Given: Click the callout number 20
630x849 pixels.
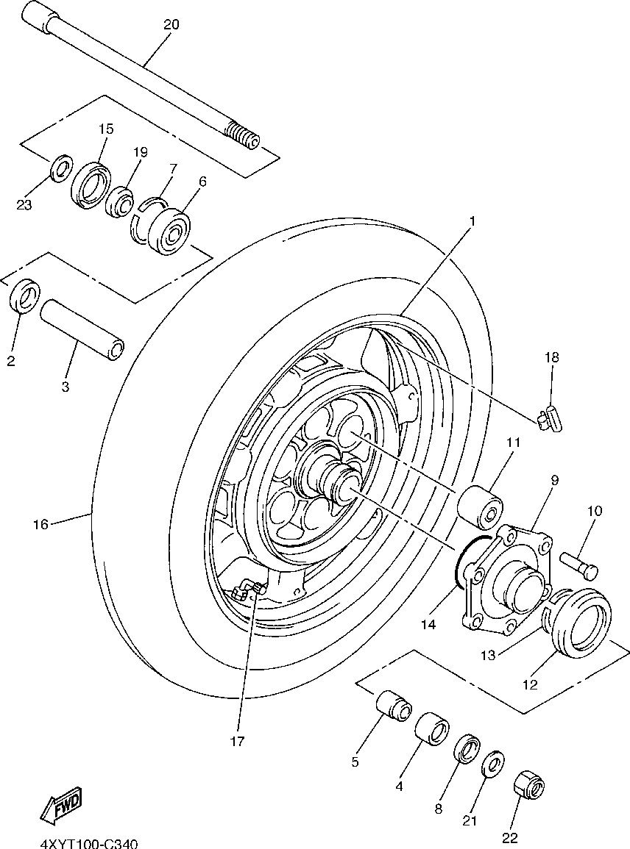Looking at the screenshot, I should click(171, 24).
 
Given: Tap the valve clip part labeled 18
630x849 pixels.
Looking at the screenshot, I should click(549, 419).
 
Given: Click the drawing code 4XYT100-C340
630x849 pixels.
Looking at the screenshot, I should click(88, 845).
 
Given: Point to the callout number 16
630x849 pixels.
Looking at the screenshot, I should click(40, 524).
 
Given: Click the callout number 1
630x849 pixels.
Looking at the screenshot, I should click(472, 221).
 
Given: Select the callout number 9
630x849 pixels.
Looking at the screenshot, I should click(554, 480).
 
